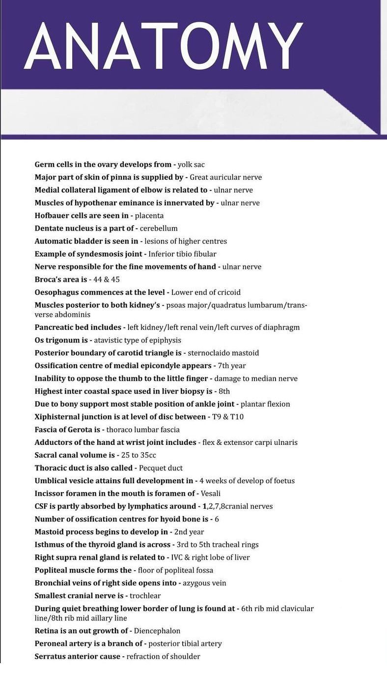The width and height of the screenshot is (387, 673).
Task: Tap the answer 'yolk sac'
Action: click(191, 165)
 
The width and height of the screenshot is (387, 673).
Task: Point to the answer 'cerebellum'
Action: click(159, 229)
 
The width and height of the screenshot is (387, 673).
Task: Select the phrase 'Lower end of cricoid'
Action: click(206, 293)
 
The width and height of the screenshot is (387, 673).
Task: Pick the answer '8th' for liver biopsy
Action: click(224, 391)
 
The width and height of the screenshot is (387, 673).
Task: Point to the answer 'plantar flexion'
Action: click(265, 404)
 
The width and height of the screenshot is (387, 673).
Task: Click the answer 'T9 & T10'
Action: click(228, 417)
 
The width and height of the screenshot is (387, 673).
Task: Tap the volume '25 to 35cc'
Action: click(138, 455)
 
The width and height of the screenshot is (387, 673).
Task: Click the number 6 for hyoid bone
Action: click(217, 519)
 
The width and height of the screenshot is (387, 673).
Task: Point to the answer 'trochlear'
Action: click(145, 596)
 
